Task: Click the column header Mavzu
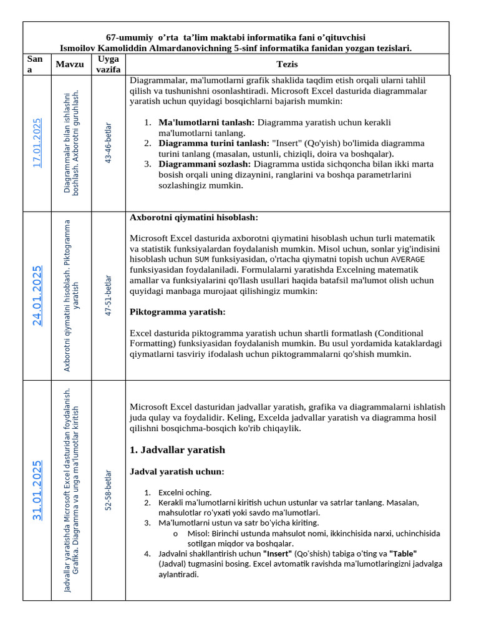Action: click(x=69, y=64)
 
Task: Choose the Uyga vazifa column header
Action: click(x=109, y=64)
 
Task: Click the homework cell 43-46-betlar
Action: click(x=109, y=143)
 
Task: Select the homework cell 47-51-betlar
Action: click(x=109, y=296)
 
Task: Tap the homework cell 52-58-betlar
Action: click(x=109, y=490)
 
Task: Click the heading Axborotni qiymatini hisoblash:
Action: click(x=193, y=218)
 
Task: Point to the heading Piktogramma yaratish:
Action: click(x=177, y=312)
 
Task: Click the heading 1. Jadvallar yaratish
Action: click(x=177, y=450)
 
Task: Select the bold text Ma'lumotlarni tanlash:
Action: click(x=206, y=122)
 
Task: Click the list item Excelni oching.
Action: click(x=185, y=492)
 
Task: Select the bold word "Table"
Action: click(x=403, y=554)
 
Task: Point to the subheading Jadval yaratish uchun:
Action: click(x=177, y=471)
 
